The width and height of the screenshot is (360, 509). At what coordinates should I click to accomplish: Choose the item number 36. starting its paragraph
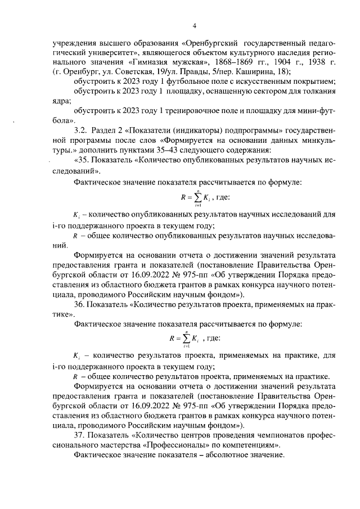point(81,305)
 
